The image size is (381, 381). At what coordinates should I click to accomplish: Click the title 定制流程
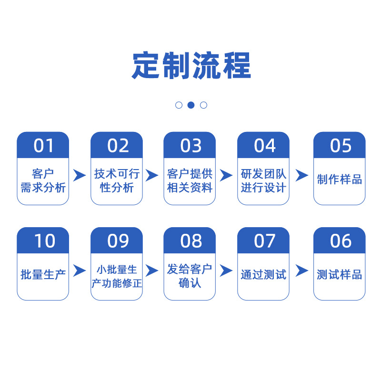tap(191, 65)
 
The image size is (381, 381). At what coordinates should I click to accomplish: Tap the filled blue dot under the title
tap(191, 105)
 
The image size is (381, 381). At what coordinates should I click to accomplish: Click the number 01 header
tap(43, 145)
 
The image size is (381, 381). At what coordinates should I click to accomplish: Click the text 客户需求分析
tap(43, 180)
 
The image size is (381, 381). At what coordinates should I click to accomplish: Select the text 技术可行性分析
tap(117, 180)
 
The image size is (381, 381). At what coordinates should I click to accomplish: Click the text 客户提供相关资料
tap(190, 180)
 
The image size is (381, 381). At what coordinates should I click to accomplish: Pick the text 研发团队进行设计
tap(263, 180)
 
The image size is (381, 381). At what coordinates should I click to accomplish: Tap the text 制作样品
tap(340, 180)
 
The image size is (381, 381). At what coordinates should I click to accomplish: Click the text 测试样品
tap(340, 275)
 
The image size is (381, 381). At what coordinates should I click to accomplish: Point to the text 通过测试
tap(263, 275)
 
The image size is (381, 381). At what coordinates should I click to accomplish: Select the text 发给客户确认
tap(190, 276)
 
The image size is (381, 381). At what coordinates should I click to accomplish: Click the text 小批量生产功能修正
tap(117, 276)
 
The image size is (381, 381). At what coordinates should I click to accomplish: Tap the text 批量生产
tap(43, 275)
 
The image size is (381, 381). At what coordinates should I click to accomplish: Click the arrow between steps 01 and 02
tap(79, 175)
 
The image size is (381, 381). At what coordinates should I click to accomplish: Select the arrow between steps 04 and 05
tap(302, 175)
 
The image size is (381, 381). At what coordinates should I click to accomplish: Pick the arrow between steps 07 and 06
tap(302, 271)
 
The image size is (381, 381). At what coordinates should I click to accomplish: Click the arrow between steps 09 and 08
tap(152, 271)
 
